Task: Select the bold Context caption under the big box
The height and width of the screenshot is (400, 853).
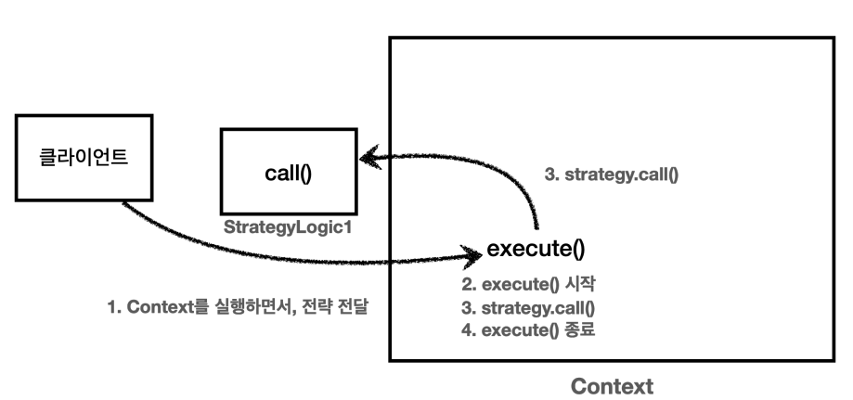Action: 612,385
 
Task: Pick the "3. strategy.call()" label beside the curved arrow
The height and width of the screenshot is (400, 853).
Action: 612,173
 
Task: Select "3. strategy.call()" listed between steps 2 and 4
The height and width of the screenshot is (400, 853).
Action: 527,306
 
